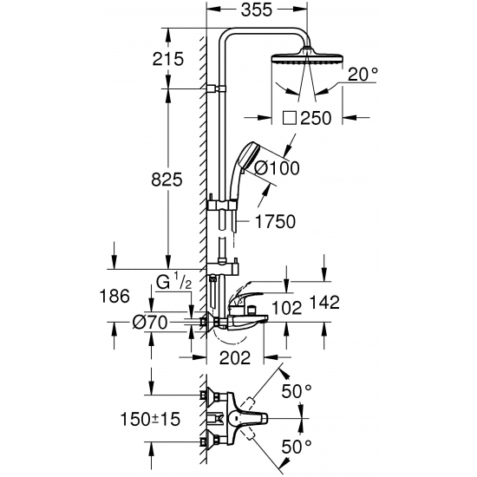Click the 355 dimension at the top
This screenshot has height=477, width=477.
pyautogui.click(x=257, y=12)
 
